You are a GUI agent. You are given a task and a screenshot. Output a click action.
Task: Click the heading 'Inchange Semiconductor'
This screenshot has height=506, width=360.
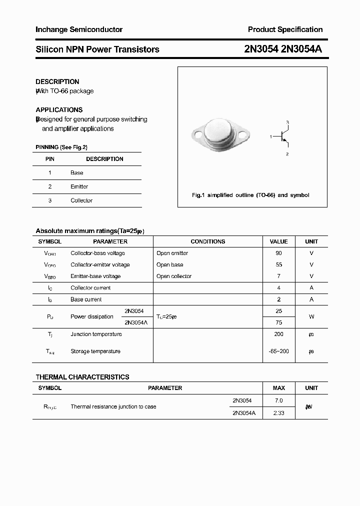[x=79, y=29]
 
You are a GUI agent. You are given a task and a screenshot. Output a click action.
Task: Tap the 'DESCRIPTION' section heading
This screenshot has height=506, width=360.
[x=57, y=81]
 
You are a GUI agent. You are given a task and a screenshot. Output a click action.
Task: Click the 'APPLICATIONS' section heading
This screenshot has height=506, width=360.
[x=59, y=109]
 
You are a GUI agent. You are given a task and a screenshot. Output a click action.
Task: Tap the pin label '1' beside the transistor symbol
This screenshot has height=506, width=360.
[x=270, y=136]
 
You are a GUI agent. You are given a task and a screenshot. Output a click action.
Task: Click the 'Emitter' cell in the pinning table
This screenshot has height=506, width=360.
[x=79, y=186]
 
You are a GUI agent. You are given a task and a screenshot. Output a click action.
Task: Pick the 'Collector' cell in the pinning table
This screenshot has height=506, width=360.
[x=81, y=200]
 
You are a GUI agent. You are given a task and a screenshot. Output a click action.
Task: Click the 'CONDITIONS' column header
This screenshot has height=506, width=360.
[x=208, y=241]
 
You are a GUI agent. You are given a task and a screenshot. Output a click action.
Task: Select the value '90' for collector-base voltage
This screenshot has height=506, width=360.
[x=278, y=253]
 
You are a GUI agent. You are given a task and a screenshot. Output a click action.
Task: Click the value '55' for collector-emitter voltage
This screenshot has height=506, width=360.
[x=278, y=265]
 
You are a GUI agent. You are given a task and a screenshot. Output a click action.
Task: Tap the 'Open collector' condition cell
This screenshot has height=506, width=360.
[x=174, y=276]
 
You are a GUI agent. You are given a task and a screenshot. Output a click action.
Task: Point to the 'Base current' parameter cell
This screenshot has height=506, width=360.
[x=86, y=299]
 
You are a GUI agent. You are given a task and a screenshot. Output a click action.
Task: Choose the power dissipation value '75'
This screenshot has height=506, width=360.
[x=278, y=322]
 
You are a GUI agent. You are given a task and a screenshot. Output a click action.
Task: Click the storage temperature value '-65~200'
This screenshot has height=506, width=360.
[x=278, y=351]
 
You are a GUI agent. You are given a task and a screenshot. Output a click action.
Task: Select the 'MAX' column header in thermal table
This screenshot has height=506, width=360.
[x=278, y=388]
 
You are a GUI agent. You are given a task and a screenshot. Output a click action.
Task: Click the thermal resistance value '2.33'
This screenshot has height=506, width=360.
[x=278, y=413]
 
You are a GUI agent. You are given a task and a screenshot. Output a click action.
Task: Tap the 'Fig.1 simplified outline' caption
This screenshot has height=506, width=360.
[x=250, y=195]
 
